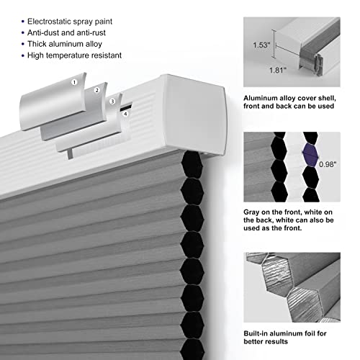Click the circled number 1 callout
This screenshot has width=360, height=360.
(73, 82)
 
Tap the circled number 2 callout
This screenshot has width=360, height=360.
(95, 91)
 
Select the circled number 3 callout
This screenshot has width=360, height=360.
(112, 102)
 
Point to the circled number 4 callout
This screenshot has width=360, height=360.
(125, 113)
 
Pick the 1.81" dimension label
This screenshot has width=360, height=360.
(279, 71)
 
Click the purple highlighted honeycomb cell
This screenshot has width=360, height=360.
(310, 153)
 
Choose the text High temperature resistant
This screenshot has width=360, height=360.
(74, 55)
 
